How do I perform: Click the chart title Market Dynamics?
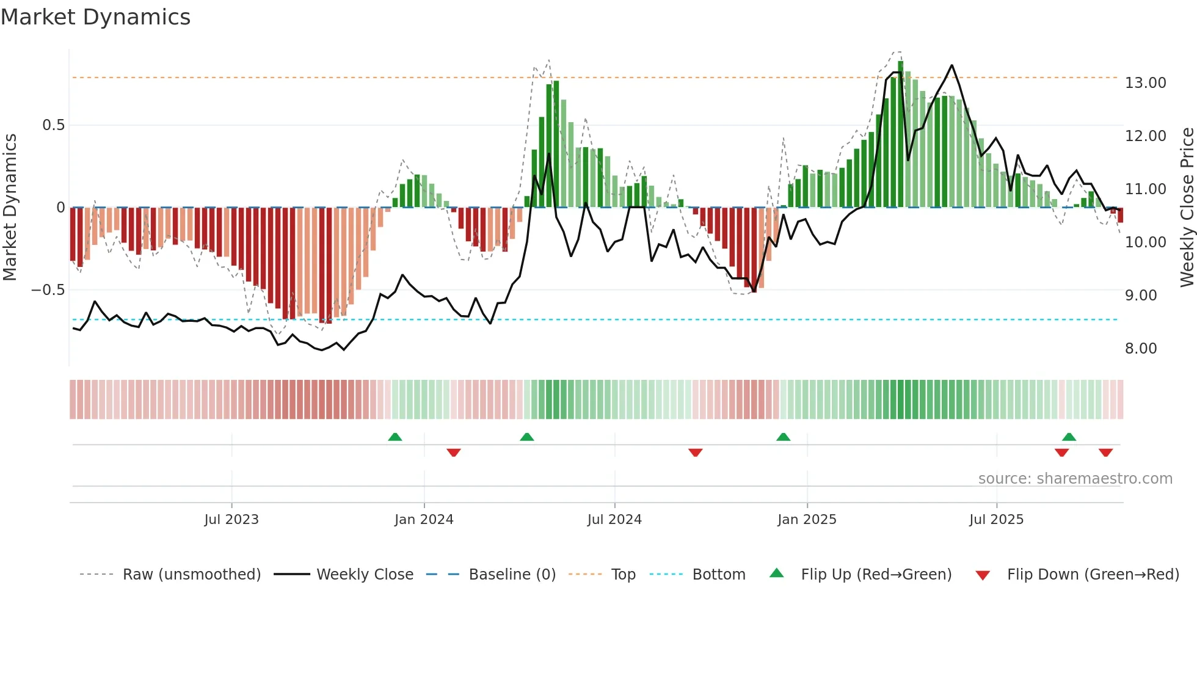pos(95,17)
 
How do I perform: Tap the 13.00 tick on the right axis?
pos(1145,83)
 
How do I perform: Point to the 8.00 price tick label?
pos(1140,349)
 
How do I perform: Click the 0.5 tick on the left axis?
pos(53,125)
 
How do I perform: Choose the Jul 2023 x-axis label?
pos(231,520)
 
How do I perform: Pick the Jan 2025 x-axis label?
pos(807,520)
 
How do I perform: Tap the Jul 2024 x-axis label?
pos(614,520)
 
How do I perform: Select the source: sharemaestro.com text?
pos(1075,479)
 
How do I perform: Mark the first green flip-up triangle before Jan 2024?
pos(395,437)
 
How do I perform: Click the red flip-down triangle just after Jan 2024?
pos(453,453)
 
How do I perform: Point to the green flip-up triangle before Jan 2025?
pos(783,437)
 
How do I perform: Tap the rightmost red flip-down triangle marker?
pos(1105,453)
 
